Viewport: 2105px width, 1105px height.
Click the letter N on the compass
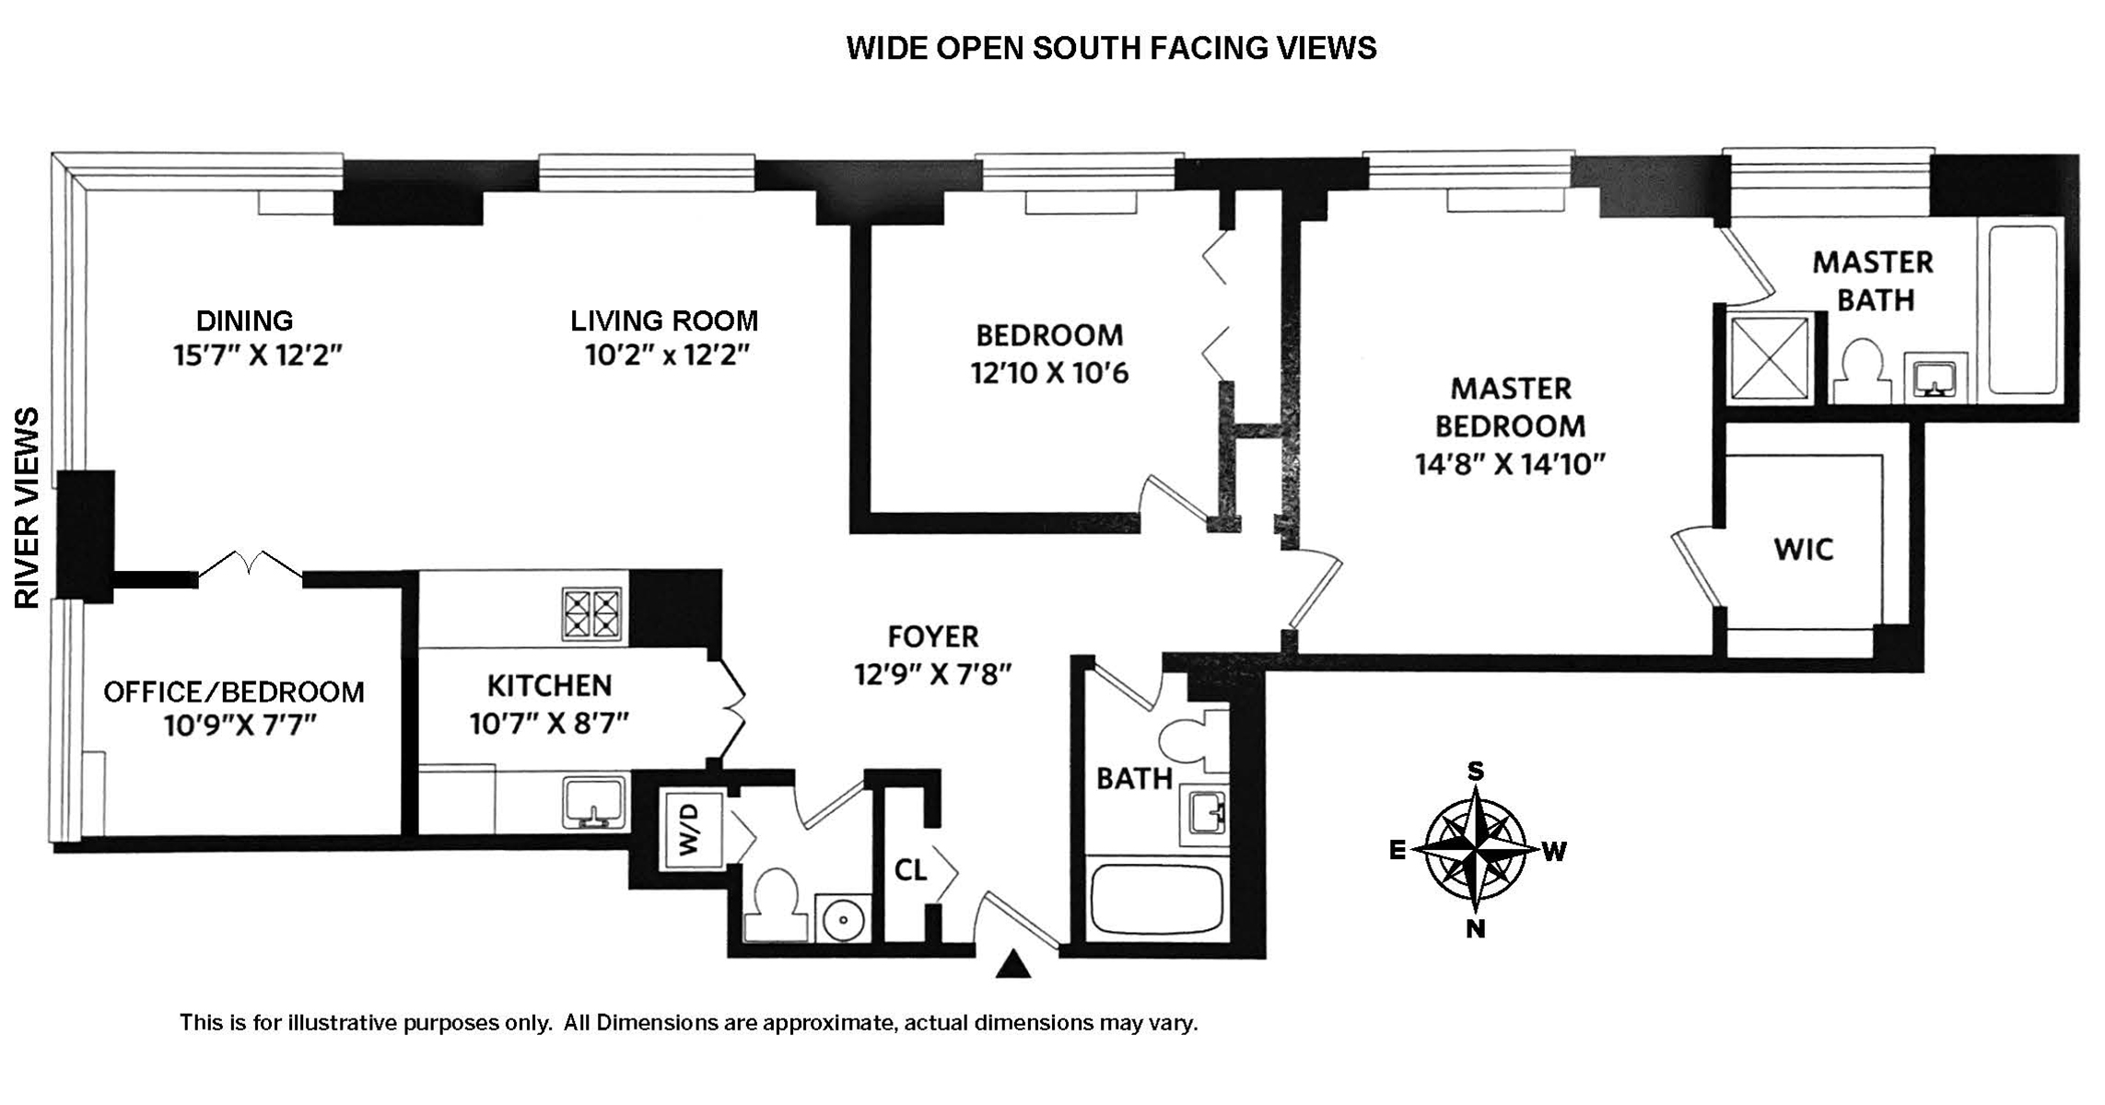click(x=1476, y=929)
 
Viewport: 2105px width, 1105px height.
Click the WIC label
click(x=1803, y=550)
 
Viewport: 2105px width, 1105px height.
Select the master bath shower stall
click(x=1769, y=359)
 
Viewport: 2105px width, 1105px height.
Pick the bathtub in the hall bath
click(x=1157, y=899)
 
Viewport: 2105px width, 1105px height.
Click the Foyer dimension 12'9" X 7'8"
click(x=932, y=675)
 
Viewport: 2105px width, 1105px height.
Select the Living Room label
click(x=664, y=320)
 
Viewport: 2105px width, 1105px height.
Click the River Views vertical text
click(x=29, y=507)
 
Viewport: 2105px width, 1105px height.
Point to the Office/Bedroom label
click(x=234, y=692)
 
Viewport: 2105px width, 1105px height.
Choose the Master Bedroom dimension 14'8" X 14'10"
click(x=1510, y=464)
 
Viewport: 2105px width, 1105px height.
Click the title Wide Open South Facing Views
click(x=1111, y=48)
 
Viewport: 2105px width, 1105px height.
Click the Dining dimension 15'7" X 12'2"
click(x=258, y=355)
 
